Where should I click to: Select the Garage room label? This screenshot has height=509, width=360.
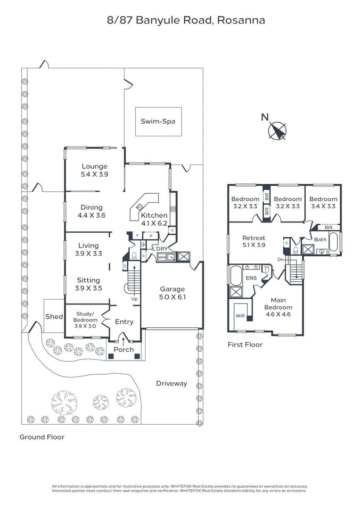(x=172, y=289)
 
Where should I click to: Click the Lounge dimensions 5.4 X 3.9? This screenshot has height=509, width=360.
(x=94, y=174)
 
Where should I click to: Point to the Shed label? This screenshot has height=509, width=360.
(x=54, y=317)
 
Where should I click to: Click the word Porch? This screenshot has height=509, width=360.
(x=123, y=350)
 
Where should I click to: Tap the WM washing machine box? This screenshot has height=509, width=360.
(x=162, y=257)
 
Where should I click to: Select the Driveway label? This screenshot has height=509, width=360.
(x=172, y=383)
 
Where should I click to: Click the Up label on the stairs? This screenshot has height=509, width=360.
(x=134, y=299)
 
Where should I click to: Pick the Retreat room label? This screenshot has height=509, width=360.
(x=254, y=238)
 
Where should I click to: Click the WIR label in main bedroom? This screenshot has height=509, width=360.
(x=240, y=316)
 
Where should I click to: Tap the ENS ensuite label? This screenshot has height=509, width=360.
(x=251, y=278)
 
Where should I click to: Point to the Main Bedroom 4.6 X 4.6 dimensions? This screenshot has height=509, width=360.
(x=278, y=314)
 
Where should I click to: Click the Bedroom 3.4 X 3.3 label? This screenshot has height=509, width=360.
(x=323, y=203)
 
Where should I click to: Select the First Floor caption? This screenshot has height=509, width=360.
(x=245, y=345)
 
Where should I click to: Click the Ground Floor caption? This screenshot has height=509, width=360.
(x=42, y=437)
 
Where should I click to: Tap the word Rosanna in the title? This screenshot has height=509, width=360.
(x=241, y=20)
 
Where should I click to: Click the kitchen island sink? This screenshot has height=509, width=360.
(x=140, y=206)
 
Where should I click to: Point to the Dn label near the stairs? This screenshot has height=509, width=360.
(x=281, y=260)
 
